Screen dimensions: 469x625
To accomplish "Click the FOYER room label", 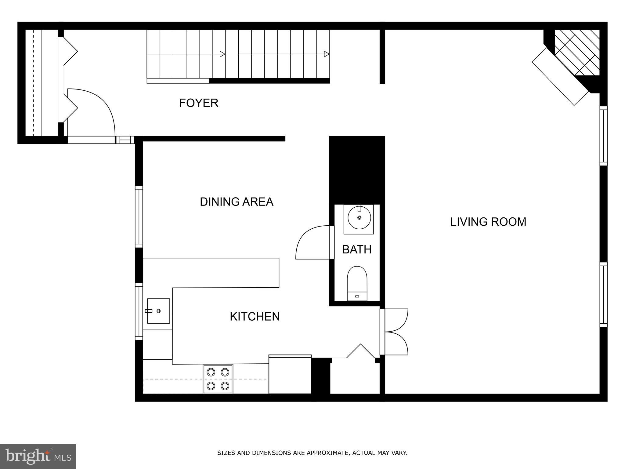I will [199, 103].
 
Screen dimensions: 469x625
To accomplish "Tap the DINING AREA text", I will [237, 202].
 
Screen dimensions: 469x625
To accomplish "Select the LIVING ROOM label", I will [488, 222].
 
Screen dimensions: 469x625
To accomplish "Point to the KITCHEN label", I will [255, 317].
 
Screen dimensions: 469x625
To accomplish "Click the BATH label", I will [357, 249].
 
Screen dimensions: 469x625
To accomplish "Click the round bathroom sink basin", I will [359, 218].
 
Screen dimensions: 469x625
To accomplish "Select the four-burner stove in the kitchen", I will [218, 379].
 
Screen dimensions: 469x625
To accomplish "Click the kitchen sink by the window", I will [158, 311].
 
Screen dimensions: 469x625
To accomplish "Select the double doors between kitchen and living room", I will [395, 332].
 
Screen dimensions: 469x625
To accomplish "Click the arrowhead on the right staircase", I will [327, 54].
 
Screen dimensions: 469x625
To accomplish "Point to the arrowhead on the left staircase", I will [222, 54].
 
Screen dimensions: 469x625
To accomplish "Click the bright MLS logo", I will [38, 456].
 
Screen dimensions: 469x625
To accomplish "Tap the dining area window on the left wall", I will [139, 216].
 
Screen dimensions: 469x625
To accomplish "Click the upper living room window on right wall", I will [603, 136].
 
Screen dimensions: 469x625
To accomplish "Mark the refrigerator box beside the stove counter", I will [290, 375].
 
